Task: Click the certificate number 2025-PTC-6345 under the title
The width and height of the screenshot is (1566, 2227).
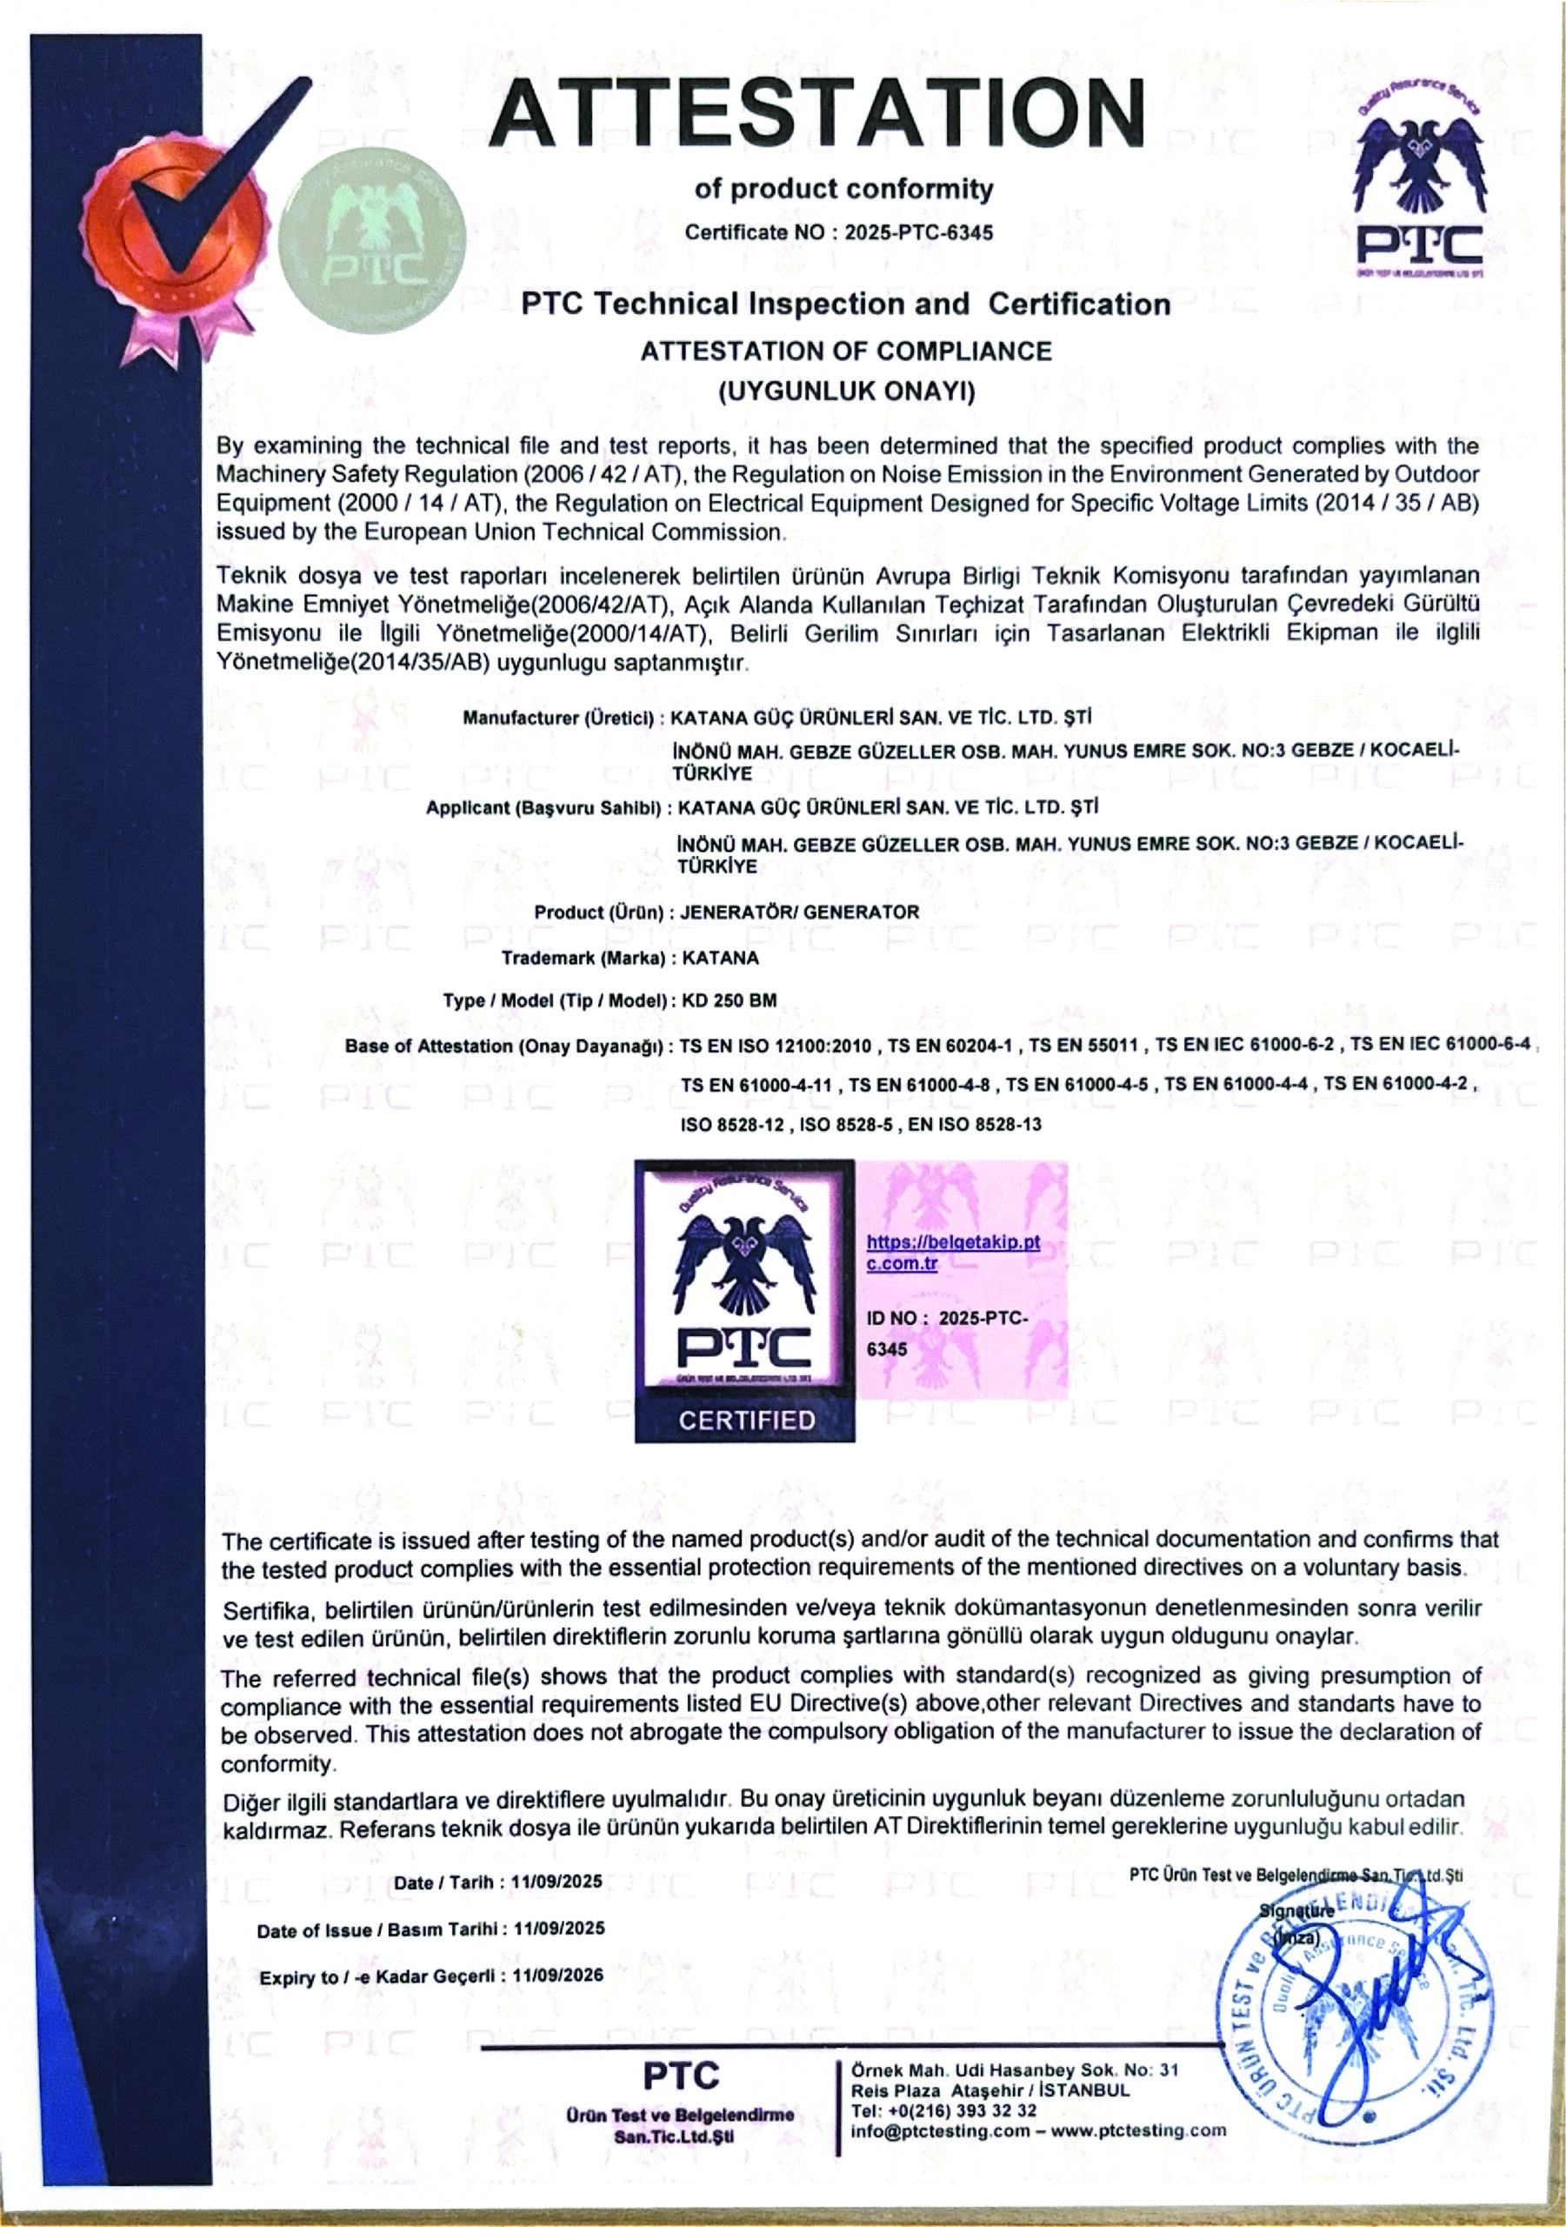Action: (918, 233)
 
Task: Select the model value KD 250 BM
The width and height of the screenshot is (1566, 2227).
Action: (730, 1000)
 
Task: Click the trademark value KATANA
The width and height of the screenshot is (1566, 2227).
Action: (721, 957)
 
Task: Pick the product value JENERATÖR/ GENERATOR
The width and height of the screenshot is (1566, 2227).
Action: (800, 912)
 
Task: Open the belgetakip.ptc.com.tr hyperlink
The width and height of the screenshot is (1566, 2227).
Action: (952, 1252)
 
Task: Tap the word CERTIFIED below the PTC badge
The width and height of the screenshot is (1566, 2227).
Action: (747, 1420)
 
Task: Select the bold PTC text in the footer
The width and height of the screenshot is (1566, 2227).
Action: (681, 2076)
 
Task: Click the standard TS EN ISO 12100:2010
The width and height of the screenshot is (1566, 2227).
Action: (776, 1046)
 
